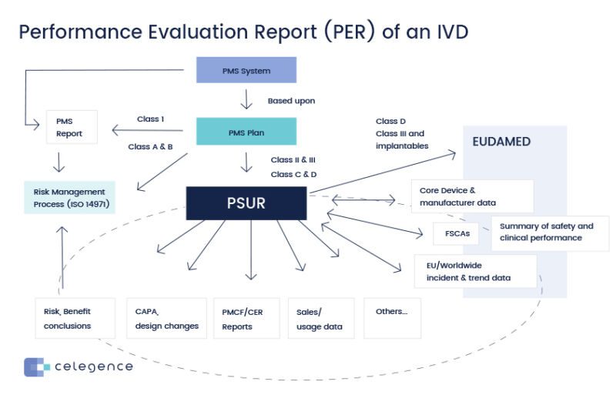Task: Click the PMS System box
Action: [x=246, y=71]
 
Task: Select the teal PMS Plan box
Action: [x=246, y=132]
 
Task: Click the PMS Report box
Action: [x=72, y=127]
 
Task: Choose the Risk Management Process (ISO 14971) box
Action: [x=69, y=197]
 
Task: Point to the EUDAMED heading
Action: [x=501, y=142]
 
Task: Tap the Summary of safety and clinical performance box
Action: [x=549, y=233]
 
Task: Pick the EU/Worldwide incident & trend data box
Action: [x=475, y=271]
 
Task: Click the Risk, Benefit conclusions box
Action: [x=75, y=318]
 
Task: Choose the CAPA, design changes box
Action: [x=166, y=318]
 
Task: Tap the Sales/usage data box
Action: [x=320, y=318]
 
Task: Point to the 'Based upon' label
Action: [x=291, y=101]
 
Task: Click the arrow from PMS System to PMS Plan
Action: [x=246, y=99]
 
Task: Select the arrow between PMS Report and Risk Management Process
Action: [x=59, y=162]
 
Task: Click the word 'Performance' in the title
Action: [x=81, y=32]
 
